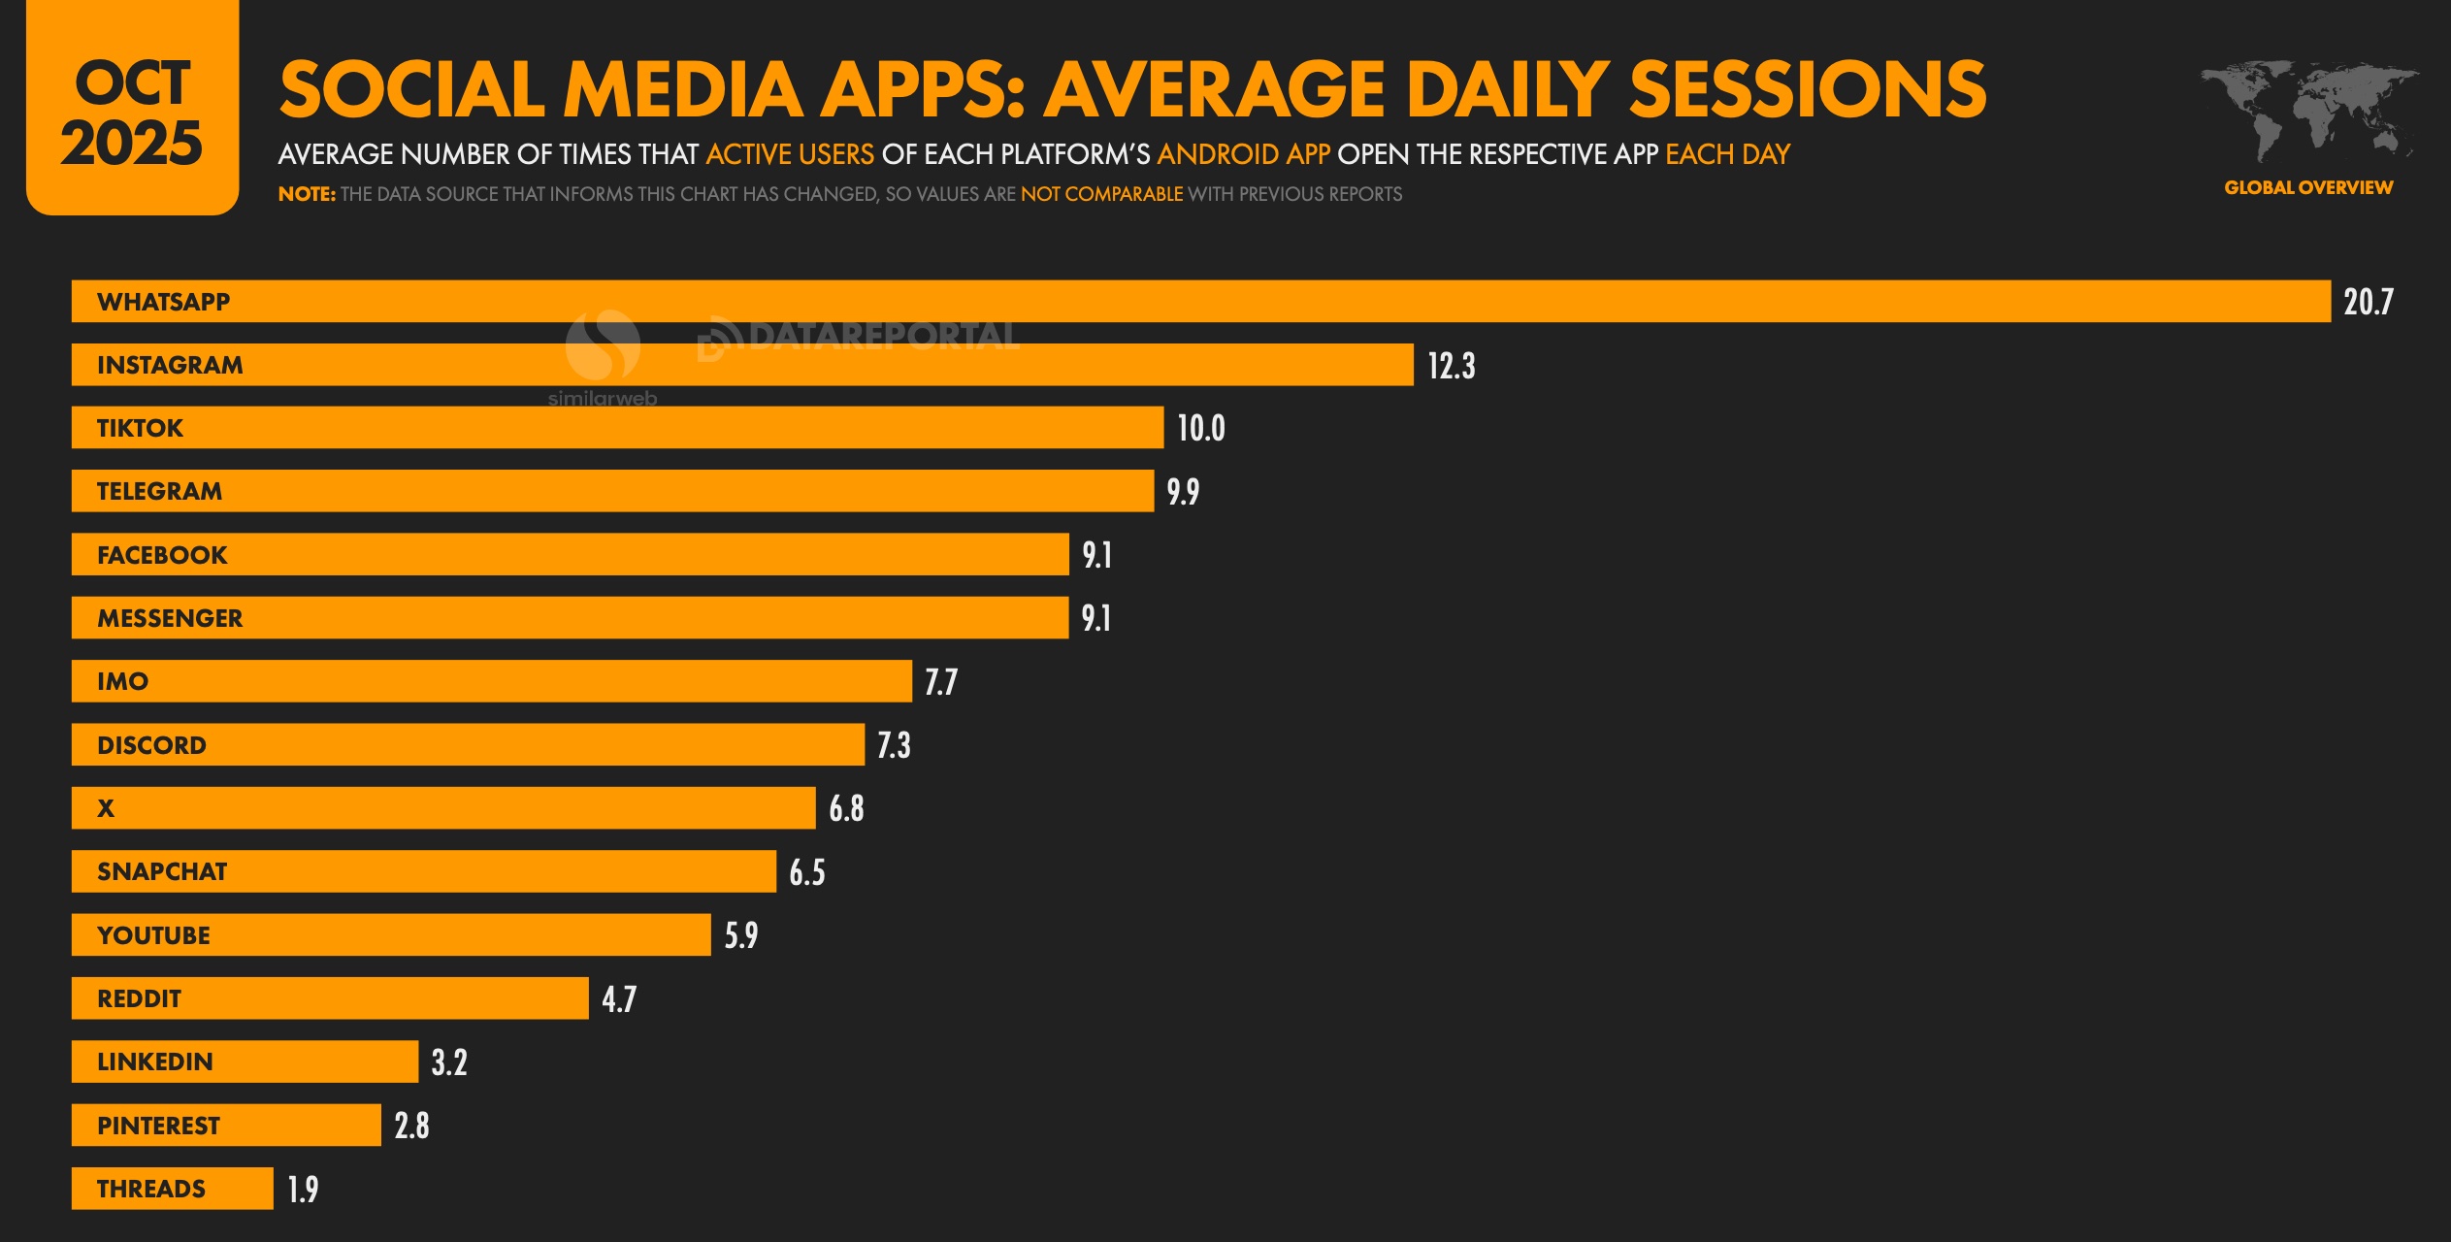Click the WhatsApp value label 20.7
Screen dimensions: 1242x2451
tap(2368, 302)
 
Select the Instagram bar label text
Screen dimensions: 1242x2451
tap(170, 365)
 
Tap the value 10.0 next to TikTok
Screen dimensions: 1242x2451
tap(1200, 428)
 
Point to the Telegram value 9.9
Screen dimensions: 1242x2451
tap(1182, 492)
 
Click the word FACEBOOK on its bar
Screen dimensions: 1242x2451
tap(162, 555)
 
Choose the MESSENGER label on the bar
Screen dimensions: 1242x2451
tap(170, 618)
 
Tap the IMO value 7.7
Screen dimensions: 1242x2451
tap(940, 682)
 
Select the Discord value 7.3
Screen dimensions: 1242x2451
tap(894, 745)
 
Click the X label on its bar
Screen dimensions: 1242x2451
tap(106, 808)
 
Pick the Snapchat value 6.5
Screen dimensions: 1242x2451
tap(806, 872)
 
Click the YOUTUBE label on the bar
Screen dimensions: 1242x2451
tap(153, 935)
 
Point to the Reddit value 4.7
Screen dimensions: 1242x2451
tap(618, 998)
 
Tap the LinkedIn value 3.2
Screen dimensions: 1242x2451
tap(448, 1062)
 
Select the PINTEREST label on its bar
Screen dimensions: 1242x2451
tap(158, 1126)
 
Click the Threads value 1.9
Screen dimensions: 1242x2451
tap(303, 1189)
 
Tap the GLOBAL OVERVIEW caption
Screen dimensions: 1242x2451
tap(2307, 187)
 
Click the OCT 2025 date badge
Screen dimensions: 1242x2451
tap(132, 112)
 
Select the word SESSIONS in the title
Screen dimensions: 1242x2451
tap(1807, 89)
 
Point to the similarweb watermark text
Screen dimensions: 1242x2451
tap(602, 399)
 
